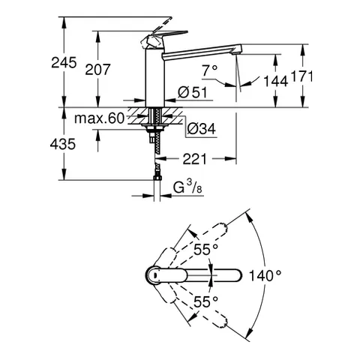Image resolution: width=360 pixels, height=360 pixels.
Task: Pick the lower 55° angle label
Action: click(205, 301)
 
